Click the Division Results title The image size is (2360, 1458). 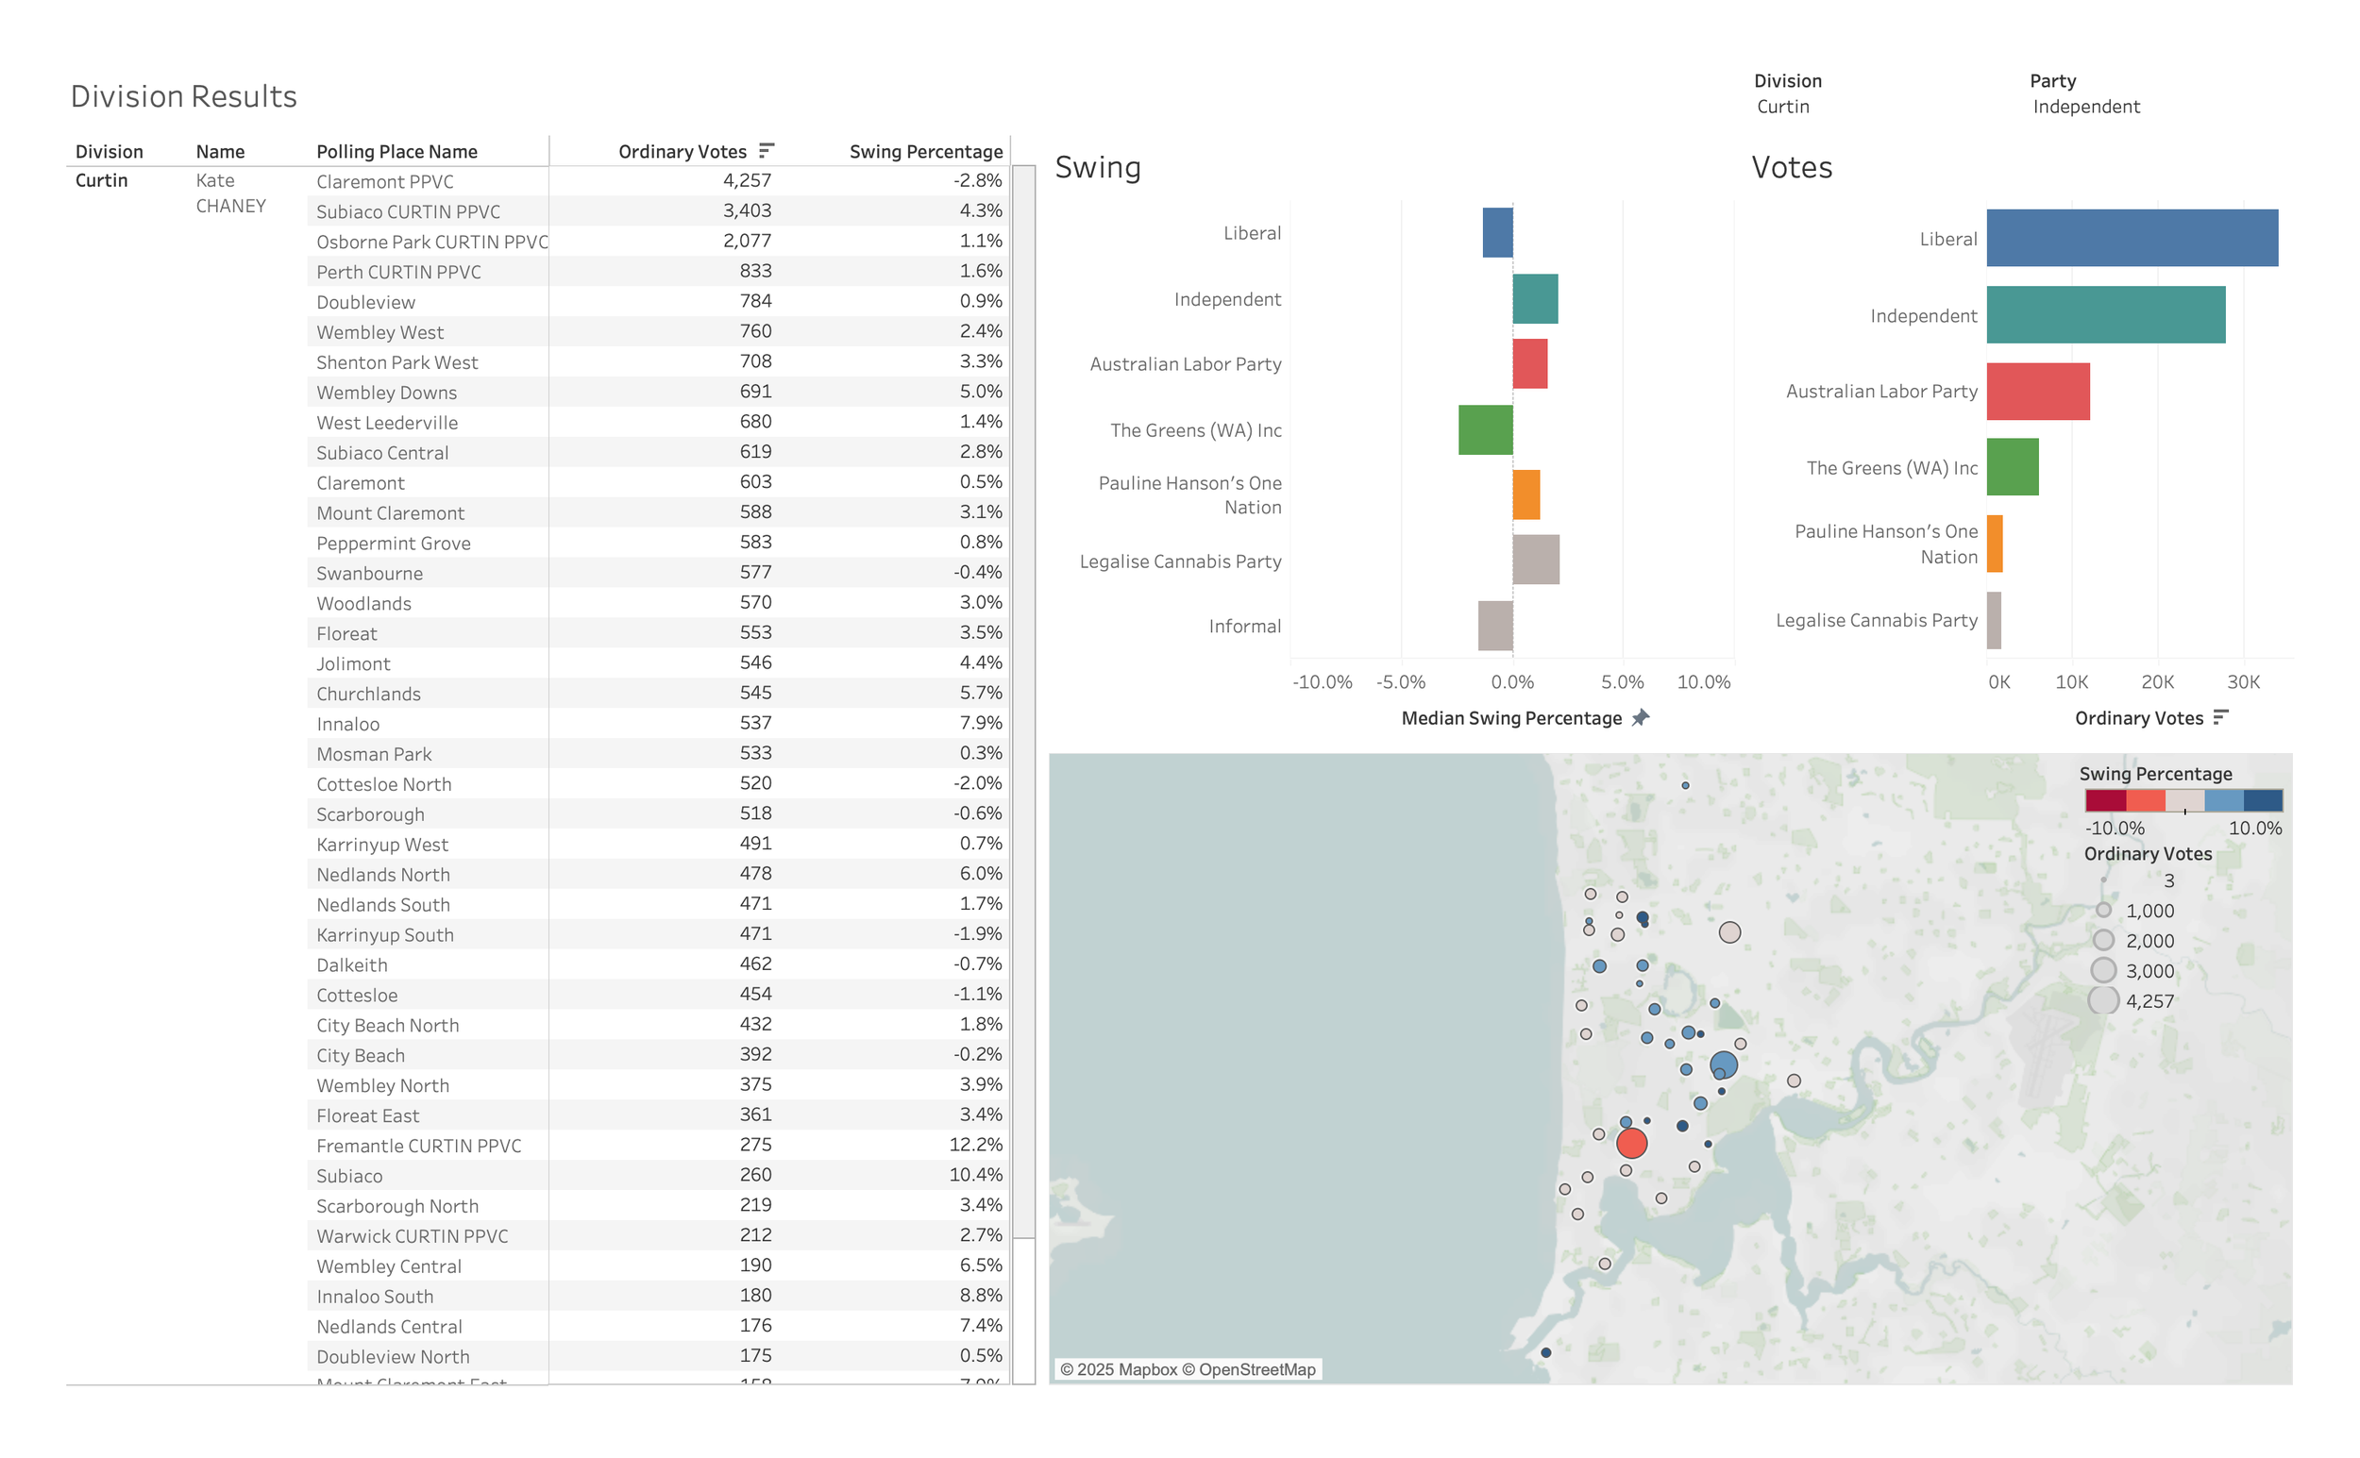click(x=183, y=96)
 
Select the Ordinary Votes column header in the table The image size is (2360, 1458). click(x=682, y=151)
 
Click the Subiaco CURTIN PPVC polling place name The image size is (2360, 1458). click(x=408, y=211)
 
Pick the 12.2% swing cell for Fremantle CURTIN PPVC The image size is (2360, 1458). click(x=975, y=1145)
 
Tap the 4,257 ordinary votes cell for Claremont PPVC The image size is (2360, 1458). click(x=747, y=180)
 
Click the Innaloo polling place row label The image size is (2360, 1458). click(x=347, y=724)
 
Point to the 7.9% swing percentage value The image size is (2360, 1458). click(x=980, y=723)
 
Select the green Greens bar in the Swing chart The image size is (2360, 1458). click(x=1484, y=430)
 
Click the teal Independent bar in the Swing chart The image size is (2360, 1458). click(x=1534, y=299)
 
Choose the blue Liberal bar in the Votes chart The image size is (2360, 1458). click(x=2132, y=238)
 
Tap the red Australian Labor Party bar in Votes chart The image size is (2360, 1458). click(x=2037, y=392)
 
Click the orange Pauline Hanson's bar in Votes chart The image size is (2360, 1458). click(x=1995, y=544)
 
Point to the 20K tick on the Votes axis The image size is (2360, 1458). click(x=2156, y=682)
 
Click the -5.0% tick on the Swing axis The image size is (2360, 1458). click(x=1400, y=682)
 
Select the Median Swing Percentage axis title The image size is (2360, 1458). click(x=1510, y=718)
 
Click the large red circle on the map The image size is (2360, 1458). click(x=1631, y=1144)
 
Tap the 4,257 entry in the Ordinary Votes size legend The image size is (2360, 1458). click(x=2149, y=1002)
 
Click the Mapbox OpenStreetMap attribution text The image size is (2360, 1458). click(x=1187, y=1369)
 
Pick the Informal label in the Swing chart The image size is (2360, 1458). click(x=1244, y=627)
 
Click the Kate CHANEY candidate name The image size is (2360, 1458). click(x=229, y=193)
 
